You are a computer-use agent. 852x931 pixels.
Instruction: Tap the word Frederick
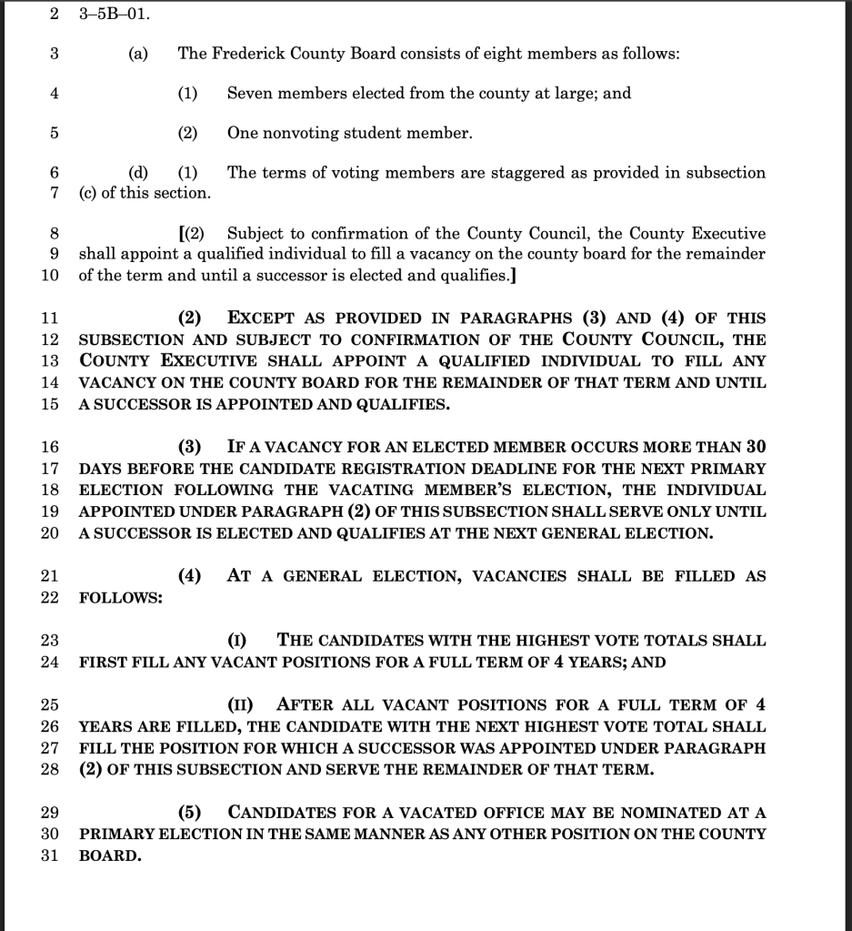pyautogui.click(x=245, y=54)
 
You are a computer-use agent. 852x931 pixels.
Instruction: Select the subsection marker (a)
pyautogui.click(x=138, y=54)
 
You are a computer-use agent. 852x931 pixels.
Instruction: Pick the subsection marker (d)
pyautogui.click(x=138, y=173)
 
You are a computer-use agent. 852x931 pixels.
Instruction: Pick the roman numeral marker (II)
pyautogui.click(x=239, y=705)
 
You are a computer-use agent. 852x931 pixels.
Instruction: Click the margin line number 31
pyautogui.click(x=51, y=856)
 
